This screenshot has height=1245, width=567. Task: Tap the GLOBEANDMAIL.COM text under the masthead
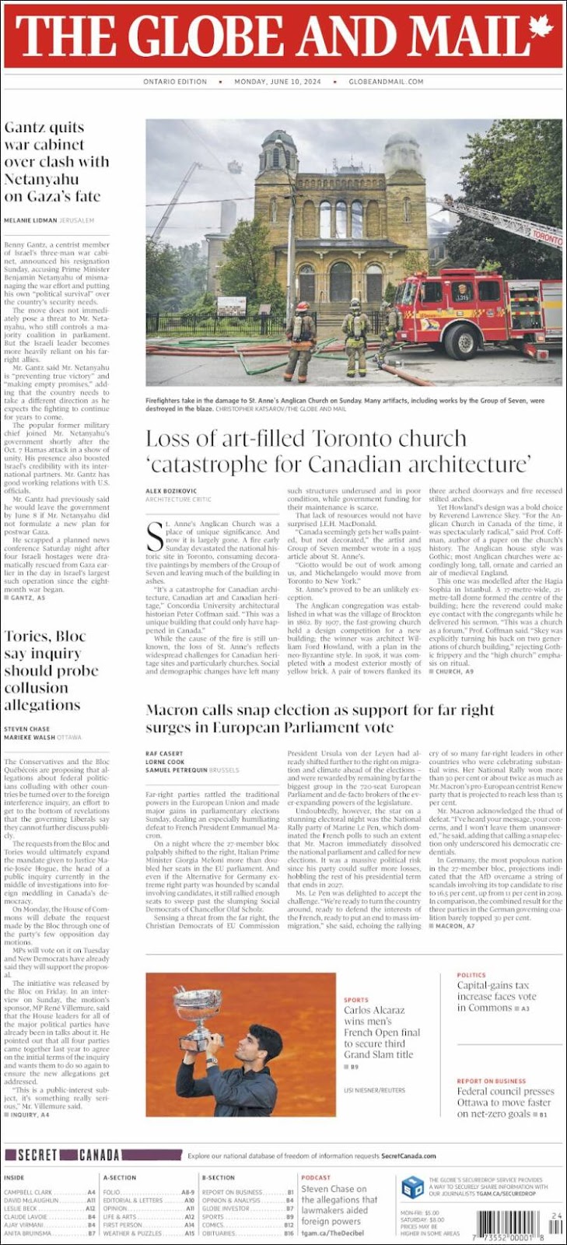pos(386,82)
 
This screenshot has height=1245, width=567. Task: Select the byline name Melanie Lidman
pos(30,221)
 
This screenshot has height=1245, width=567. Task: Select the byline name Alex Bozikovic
pos(171,491)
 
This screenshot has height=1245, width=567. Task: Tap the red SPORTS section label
pos(356,1000)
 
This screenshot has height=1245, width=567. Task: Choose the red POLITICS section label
pos(471,975)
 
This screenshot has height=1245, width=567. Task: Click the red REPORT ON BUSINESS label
pos(492,1081)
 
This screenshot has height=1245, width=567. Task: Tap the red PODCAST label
pos(316,1177)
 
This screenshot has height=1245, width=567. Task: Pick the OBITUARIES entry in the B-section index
pos(222,1233)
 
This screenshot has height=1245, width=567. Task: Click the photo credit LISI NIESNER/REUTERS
pos(375,1090)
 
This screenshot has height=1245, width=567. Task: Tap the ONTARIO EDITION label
pos(175,82)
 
